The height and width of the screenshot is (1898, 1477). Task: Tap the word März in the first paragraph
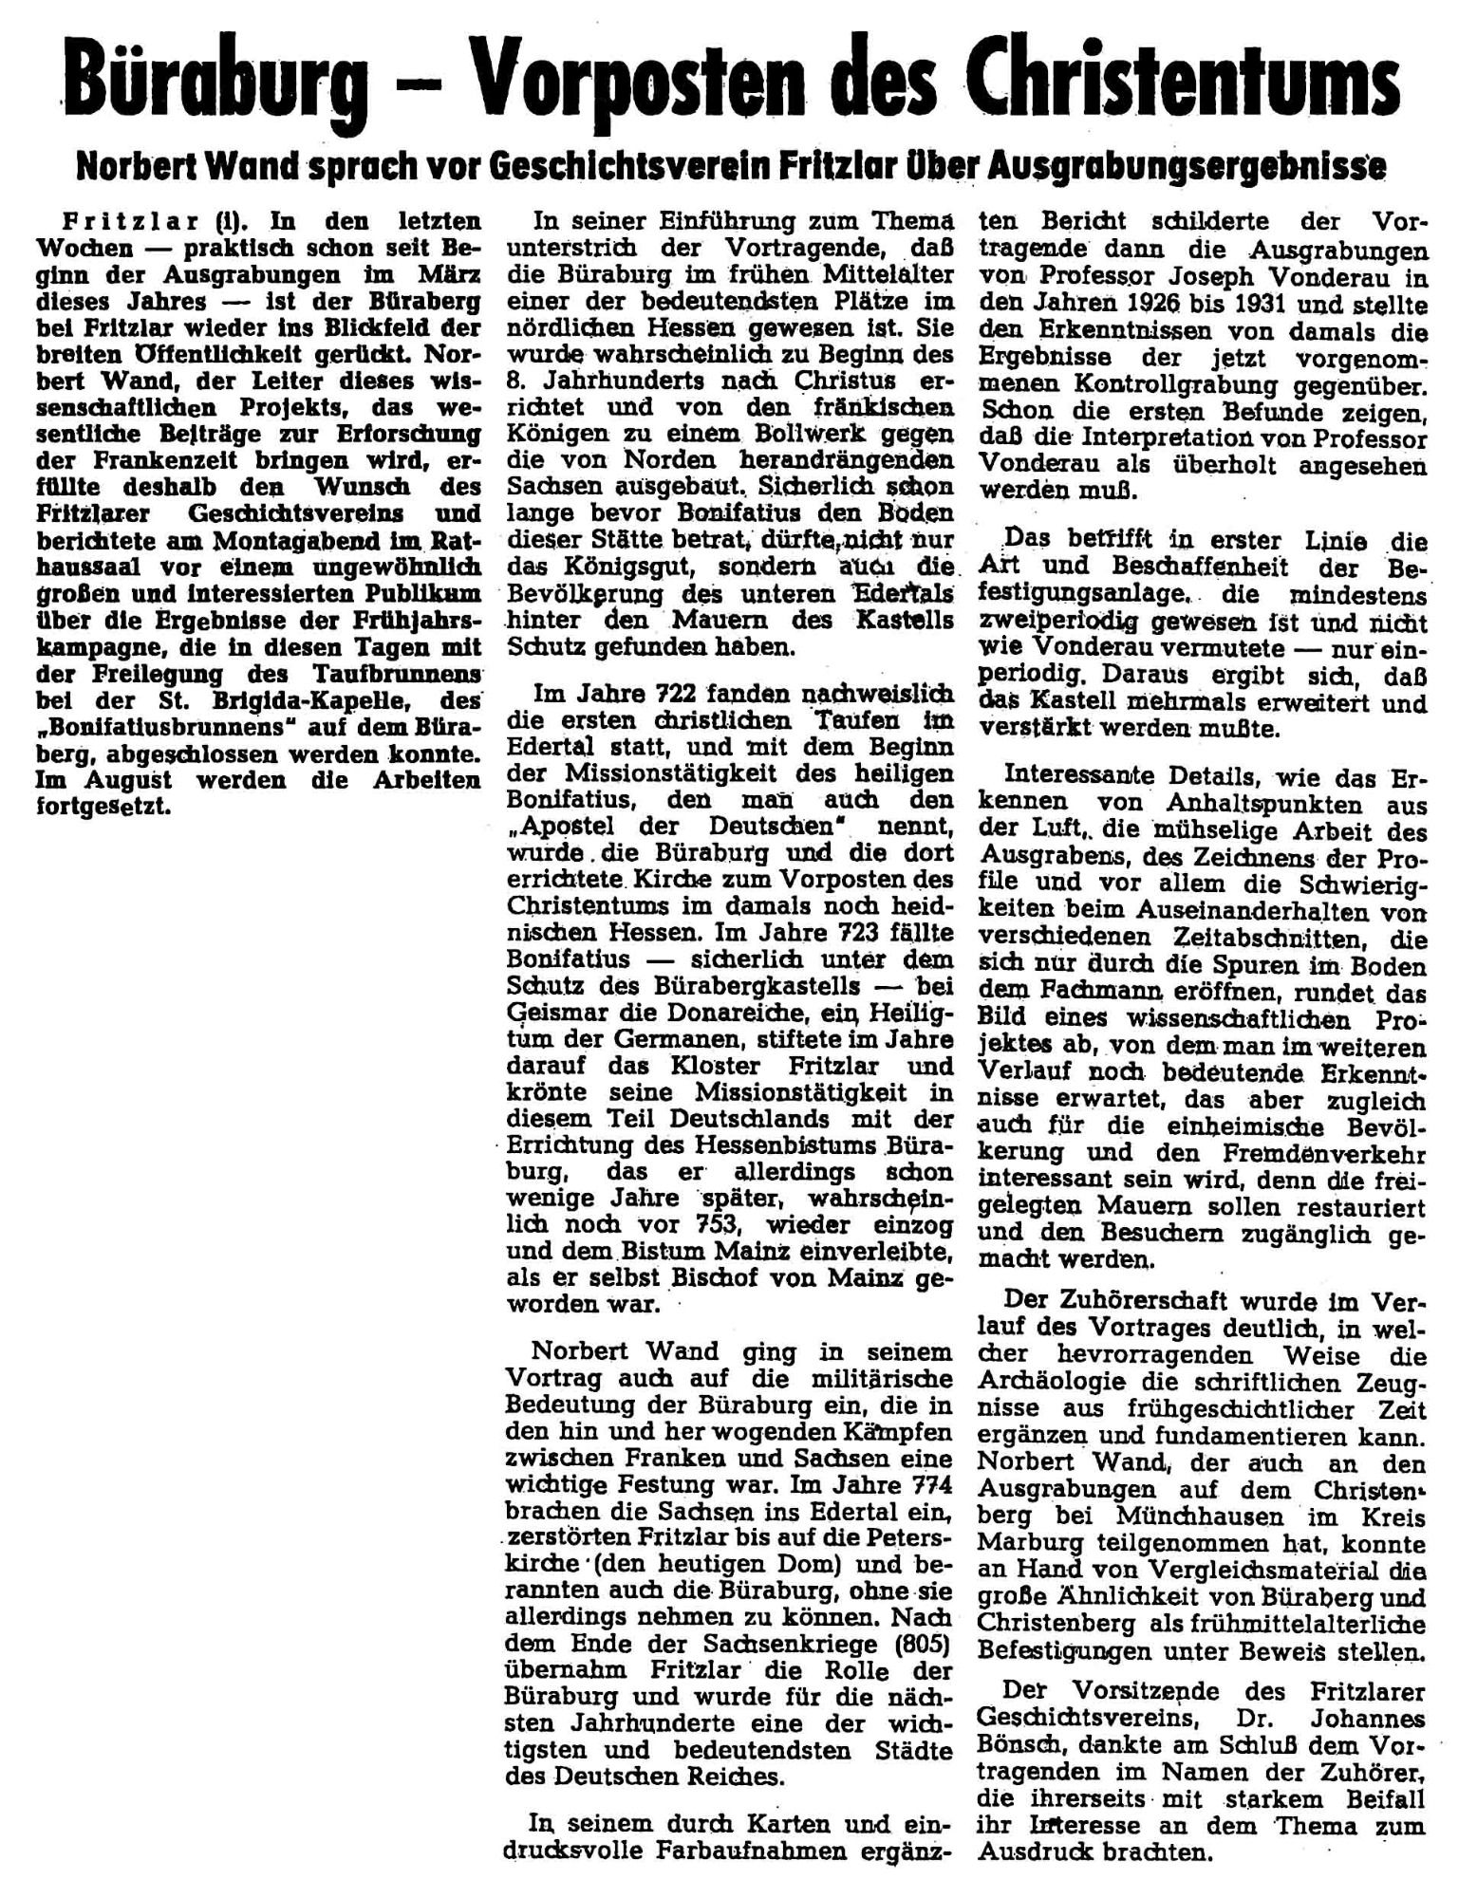point(453,275)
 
